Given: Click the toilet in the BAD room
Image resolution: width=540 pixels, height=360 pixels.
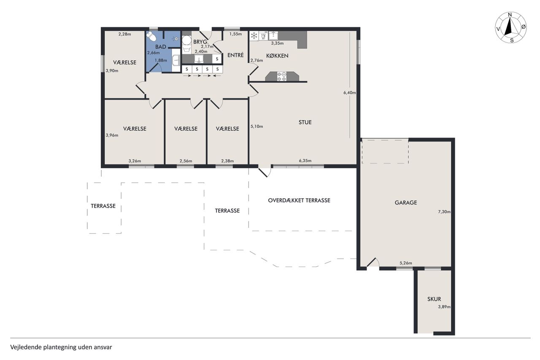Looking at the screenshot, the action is tap(151, 37).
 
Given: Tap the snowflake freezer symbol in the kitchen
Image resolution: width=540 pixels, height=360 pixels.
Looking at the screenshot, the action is tap(254, 36).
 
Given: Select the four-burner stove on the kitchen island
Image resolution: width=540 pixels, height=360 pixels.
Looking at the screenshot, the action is tap(281, 76).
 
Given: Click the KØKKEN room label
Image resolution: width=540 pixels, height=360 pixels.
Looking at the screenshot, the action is tap(277, 56).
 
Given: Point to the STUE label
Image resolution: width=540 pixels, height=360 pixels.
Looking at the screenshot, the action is tap(305, 122).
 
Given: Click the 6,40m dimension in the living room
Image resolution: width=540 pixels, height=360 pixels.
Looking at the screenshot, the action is tap(350, 92).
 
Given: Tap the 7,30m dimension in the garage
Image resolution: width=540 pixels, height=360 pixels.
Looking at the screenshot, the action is tap(444, 212).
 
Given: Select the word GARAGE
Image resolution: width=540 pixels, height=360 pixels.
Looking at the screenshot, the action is tap(406, 203).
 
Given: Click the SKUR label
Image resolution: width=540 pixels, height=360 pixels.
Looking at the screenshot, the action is tap(434, 299).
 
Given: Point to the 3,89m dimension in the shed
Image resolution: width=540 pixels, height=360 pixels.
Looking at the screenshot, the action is tap(444, 307).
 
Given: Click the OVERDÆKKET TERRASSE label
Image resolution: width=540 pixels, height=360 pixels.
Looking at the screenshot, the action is tap(299, 200).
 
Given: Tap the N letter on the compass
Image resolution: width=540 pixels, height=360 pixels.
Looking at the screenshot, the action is tap(510, 15).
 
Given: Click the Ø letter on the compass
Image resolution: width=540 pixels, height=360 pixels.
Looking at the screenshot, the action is tap(524, 27).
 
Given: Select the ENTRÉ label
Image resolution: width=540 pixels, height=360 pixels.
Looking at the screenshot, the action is tap(235, 55).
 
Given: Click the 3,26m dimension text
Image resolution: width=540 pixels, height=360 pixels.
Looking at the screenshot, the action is tap(135, 161).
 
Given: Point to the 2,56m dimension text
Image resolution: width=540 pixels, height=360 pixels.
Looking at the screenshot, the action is tap(186, 161).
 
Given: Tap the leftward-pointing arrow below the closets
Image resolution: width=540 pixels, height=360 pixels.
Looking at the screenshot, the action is tap(218, 76).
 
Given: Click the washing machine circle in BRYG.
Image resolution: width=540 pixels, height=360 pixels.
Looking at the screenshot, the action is tap(186, 40).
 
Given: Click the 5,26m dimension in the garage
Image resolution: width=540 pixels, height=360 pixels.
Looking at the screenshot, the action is tap(406, 263).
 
